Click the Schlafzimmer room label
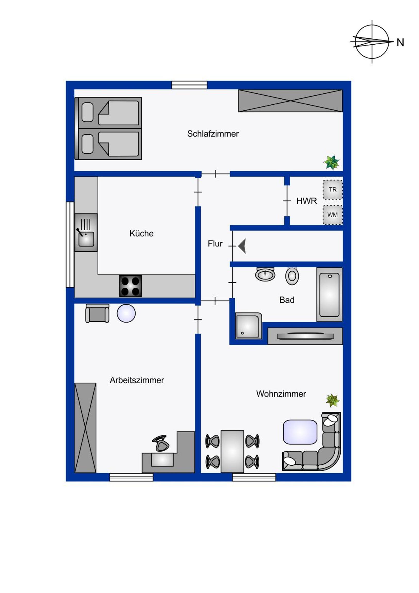(x=213, y=134)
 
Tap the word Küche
(x=142, y=233)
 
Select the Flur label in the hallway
(x=215, y=244)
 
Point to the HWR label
(x=307, y=201)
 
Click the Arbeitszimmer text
(x=137, y=380)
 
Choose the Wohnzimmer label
(x=281, y=394)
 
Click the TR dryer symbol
(x=333, y=190)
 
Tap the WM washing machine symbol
(x=333, y=215)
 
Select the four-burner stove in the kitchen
(x=130, y=286)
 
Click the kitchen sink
(x=86, y=233)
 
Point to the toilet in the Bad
(x=292, y=276)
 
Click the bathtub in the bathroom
(x=330, y=294)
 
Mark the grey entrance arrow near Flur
(x=242, y=246)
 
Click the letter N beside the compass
(x=400, y=43)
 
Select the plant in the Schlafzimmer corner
(x=331, y=162)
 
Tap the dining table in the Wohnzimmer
(x=232, y=451)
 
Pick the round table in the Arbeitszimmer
(x=126, y=313)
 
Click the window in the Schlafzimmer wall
(x=189, y=85)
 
